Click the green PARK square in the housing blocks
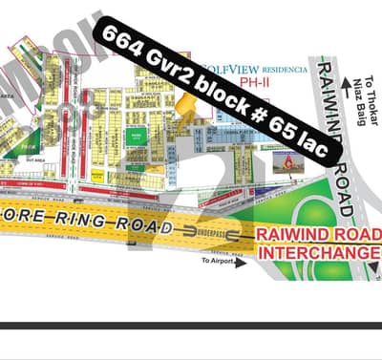coord(136,136)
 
